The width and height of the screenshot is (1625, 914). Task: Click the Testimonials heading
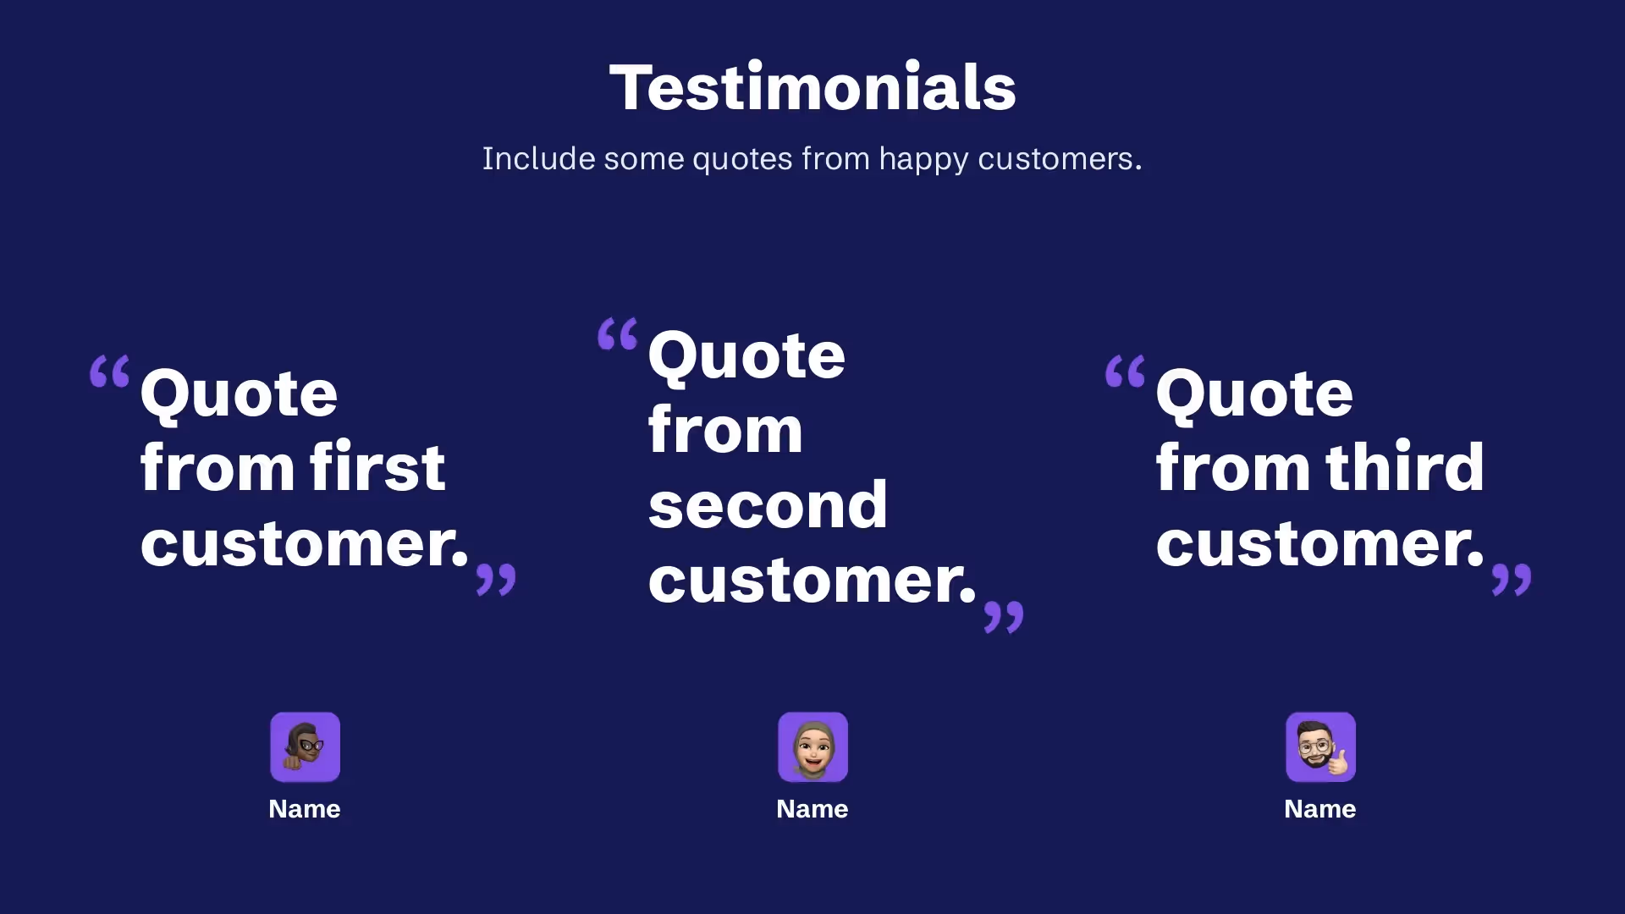click(x=812, y=87)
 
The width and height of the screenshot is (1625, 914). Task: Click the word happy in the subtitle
click(x=923, y=159)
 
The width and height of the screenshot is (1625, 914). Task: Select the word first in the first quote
click(x=377, y=466)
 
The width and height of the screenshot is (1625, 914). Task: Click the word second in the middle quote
click(x=768, y=505)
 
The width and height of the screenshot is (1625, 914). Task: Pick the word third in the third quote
click(x=1404, y=466)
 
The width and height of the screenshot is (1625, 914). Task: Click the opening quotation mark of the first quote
click(x=110, y=372)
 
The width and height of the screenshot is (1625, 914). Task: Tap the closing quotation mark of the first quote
click(x=496, y=580)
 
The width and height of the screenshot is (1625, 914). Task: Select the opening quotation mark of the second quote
click(x=618, y=334)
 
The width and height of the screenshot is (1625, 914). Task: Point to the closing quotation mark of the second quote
click(x=1004, y=617)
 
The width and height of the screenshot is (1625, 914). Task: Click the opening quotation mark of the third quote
click(x=1126, y=372)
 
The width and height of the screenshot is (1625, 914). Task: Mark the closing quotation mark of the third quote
click(x=1512, y=580)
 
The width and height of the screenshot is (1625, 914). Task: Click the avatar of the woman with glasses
click(x=305, y=746)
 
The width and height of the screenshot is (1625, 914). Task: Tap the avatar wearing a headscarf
click(x=812, y=746)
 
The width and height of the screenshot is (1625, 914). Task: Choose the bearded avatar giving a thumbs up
click(x=1320, y=746)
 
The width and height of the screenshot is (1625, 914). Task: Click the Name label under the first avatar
click(x=305, y=809)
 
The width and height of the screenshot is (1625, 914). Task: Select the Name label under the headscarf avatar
click(x=812, y=809)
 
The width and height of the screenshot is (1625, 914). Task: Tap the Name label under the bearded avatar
click(x=1320, y=809)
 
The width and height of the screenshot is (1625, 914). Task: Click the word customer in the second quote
click(x=811, y=581)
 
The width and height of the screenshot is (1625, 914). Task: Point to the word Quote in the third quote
click(x=1254, y=394)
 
